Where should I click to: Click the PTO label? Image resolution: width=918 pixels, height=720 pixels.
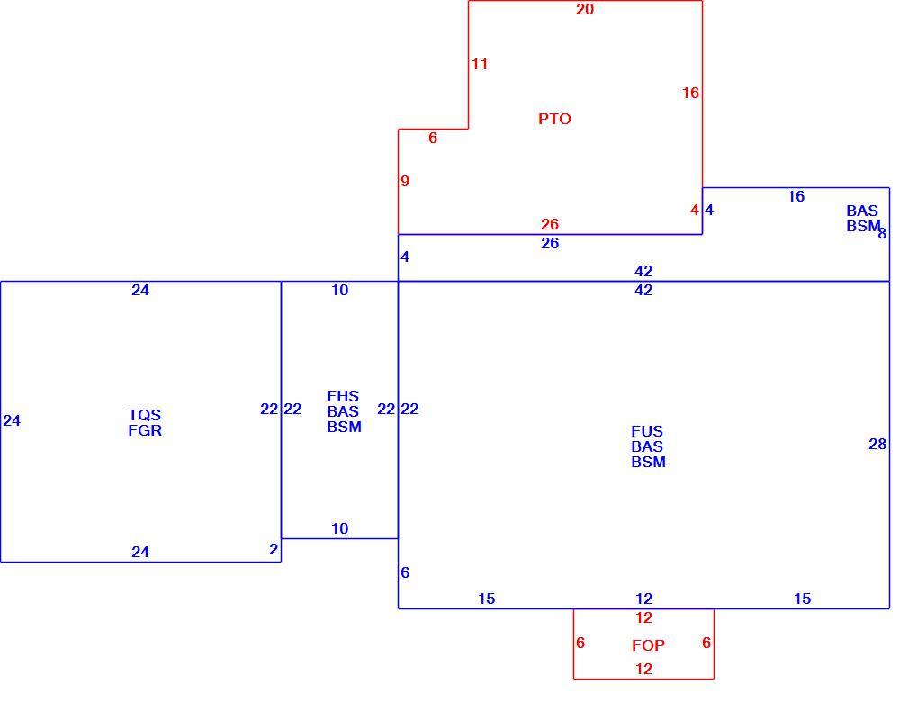[x=554, y=119]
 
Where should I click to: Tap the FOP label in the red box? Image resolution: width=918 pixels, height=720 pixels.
[x=648, y=645]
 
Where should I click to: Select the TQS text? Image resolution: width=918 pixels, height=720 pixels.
[x=145, y=415]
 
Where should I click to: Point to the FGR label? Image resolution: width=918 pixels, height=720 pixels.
[x=145, y=430]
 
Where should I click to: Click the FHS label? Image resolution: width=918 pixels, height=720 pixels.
[x=343, y=396]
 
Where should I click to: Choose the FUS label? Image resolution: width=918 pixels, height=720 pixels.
[x=647, y=431]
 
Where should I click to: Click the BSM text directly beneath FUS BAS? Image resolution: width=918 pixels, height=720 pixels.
[x=648, y=462]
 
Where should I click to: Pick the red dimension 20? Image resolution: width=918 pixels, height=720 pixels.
[x=585, y=9]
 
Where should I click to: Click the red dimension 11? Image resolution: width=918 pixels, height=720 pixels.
[x=480, y=65]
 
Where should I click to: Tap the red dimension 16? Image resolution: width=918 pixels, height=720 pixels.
[x=690, y=93]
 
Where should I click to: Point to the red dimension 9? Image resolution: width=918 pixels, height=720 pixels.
[x=405, y=182]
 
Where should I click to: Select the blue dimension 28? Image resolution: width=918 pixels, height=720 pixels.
[x=877, y=445]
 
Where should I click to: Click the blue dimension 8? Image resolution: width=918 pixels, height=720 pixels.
[x=882, y=234]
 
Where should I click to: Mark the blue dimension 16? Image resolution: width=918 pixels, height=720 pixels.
[x=796, y=197]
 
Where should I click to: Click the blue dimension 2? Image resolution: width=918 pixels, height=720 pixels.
[x=274, y=549]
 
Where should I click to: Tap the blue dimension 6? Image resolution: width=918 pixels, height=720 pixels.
[x=405, y=572]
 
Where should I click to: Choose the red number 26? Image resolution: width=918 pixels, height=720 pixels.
[x=550, y=224]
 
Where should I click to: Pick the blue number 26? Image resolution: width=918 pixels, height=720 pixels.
[x=550, y=244]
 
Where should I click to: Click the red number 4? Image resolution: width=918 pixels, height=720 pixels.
[x=695, y=210]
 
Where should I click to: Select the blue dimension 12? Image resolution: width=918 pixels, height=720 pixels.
[x=644, y=598]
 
